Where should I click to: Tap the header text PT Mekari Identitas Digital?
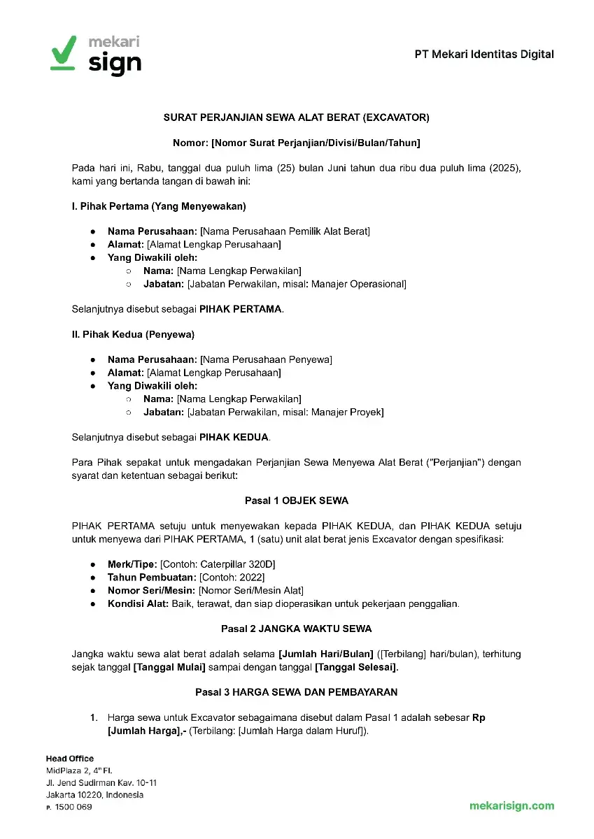484,54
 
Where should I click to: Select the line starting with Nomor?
297,143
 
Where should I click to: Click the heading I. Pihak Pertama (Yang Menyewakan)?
159,206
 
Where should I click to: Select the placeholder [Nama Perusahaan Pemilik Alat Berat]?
285,231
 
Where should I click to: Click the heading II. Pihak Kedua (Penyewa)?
133,334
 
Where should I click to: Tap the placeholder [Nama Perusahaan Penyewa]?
266,359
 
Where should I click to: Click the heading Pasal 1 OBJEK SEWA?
297,501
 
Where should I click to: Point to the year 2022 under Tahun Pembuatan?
251,577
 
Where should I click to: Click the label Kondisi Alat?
138,603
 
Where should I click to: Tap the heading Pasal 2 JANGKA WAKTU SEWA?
297,629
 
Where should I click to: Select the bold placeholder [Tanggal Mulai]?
169,668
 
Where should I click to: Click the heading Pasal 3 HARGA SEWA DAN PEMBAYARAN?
297,692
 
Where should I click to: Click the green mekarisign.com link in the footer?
511,805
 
